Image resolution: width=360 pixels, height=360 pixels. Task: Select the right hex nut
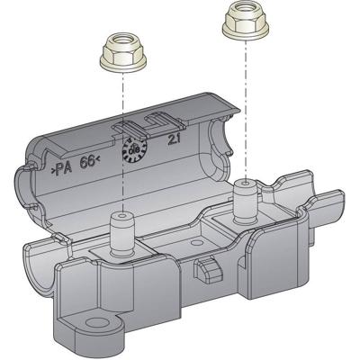coord(239,17)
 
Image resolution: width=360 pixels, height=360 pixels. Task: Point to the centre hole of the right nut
coord(239,11)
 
